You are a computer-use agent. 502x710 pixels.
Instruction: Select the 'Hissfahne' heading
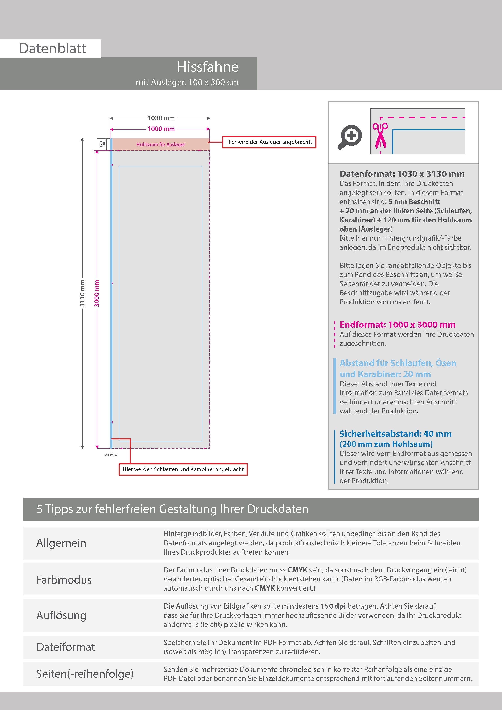point(207,67)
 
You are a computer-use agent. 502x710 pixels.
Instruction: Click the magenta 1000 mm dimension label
point(161,129)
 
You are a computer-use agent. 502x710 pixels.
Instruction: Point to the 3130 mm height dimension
point(82,293)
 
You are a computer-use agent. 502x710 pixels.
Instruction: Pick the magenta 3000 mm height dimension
point(97,293)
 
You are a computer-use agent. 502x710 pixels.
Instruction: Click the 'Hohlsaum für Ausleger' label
point(161,145)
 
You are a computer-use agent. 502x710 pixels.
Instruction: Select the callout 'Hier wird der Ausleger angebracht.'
point(269,142)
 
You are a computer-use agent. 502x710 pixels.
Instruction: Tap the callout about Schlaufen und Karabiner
point(183,469)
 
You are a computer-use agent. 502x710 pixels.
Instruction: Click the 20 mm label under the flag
point(111,455)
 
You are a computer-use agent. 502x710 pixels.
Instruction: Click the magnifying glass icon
point(350,136)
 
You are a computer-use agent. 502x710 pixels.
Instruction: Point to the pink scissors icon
point(380,135)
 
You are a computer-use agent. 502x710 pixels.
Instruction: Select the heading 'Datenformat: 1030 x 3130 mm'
point(402,174)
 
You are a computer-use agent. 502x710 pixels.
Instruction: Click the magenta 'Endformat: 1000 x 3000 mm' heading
point(397,324)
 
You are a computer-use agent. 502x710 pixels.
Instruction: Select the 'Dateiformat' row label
point(66,647)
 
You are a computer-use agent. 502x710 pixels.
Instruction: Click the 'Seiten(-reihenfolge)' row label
point(85,674)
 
